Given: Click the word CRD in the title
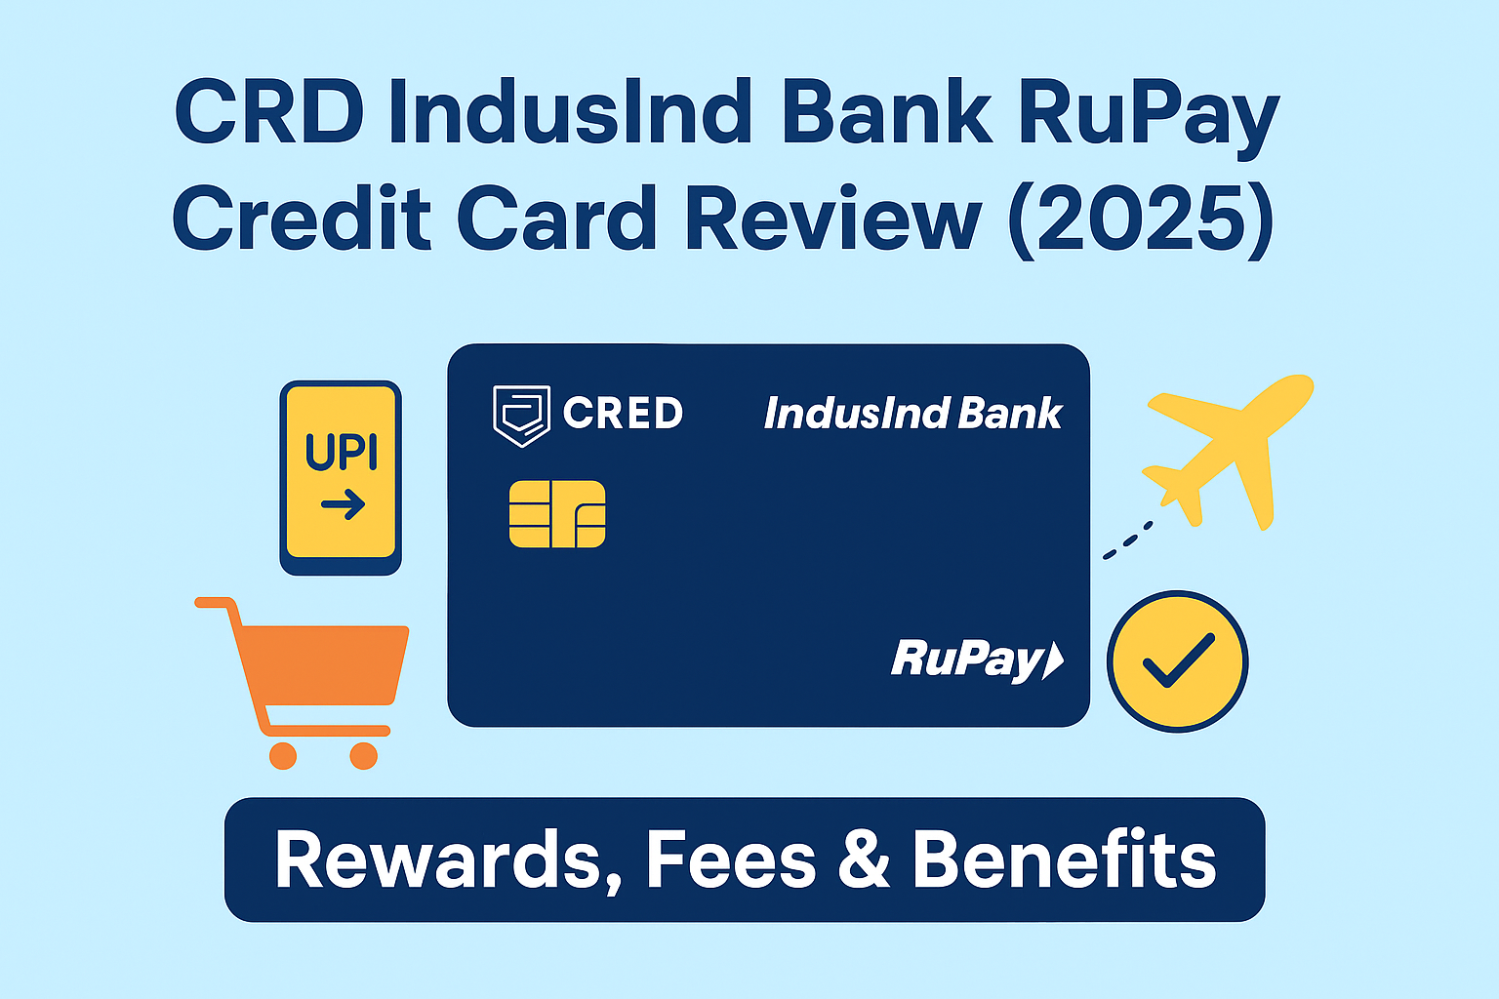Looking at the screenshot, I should (x=268, y=114).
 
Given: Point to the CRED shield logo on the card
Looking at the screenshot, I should (x=521, y=415).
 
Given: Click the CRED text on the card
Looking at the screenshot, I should (x=623, y=414).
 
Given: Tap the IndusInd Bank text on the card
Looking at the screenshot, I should (x=912, y=414).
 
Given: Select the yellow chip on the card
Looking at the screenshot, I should (x=557, y=514).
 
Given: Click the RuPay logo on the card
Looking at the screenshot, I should (x=976, y=660).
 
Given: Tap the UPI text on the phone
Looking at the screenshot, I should (x=341, y=452).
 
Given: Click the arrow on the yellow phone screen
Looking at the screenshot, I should (x=343, y=505).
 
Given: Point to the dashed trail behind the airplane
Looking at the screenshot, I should (x=1128, y=539).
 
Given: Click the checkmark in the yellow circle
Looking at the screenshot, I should (x=1178, y=660).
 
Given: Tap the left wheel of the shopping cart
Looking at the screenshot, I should (x=283, y=755).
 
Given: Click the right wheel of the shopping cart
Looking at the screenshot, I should (x=363, y=755).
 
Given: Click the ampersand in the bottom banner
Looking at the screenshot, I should (x=863, y=860).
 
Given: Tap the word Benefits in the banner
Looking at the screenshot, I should (x=1064, y=860).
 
